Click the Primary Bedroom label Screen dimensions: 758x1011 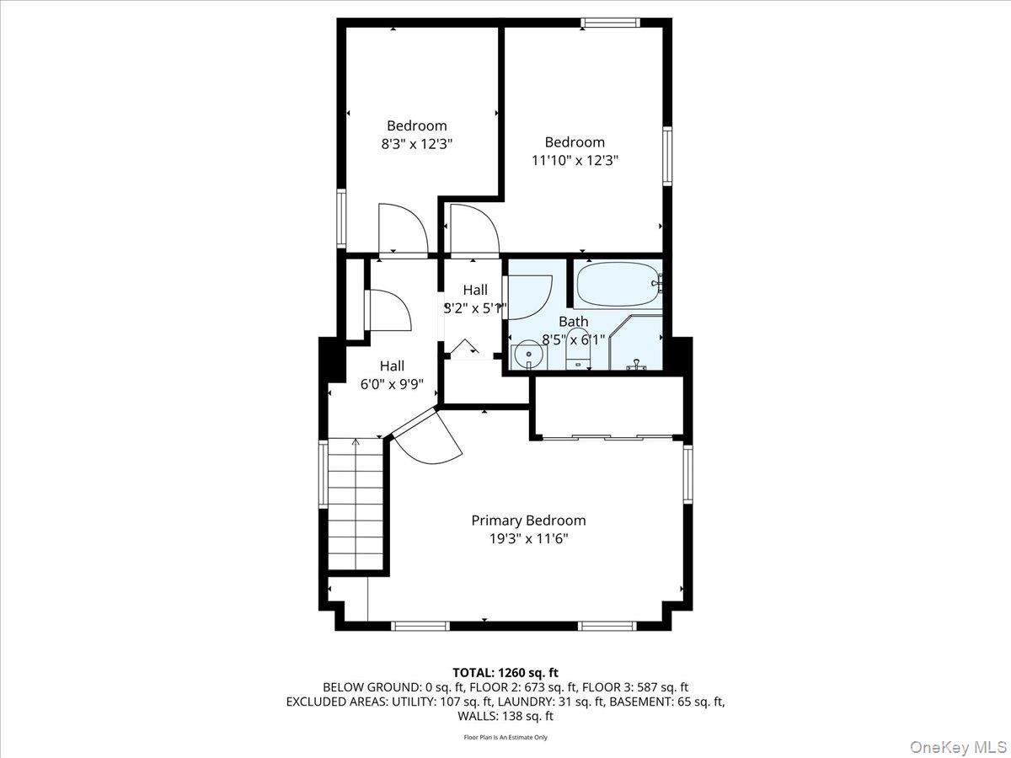click(528, 520)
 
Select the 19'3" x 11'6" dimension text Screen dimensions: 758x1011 click(528, 539)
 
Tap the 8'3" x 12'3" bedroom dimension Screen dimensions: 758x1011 click(417, 144)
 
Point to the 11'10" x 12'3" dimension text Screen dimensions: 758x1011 click(575, 160)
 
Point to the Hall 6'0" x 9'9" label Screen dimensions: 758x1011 click(392, 375)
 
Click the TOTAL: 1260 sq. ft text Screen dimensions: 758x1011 click(505, 672)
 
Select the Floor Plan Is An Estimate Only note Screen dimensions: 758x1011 click(505, 738)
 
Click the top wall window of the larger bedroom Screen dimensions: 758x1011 click(610, 23)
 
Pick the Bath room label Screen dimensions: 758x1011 click(574, 322)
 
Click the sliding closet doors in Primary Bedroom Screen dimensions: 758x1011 click(607, 437)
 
